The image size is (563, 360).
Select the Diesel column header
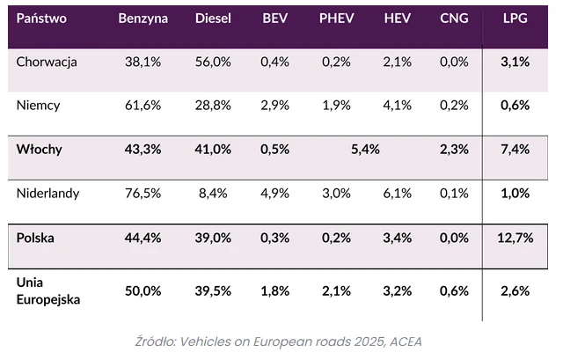tap(213, 18)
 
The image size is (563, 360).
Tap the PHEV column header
tap(334, 18)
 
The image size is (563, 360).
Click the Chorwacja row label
tap(48, 61)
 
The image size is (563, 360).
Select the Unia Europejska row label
tap(48, 290)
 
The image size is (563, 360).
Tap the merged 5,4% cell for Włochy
tap(365, 149)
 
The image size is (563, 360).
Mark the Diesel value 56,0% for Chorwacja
tap(213, 61)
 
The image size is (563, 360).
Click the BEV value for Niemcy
tap(275, 105)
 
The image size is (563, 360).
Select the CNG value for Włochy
tap(454, 149)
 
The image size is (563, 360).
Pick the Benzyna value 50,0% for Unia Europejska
tap(143, 291)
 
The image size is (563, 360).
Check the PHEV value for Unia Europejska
tap(334, 291)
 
